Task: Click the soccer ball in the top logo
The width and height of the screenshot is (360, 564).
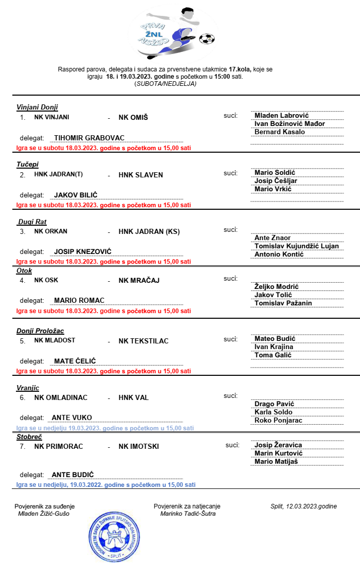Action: pos(207,38)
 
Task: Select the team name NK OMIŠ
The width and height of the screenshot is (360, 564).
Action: pos(133,117)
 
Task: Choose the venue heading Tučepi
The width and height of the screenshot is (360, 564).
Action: pos(27,164)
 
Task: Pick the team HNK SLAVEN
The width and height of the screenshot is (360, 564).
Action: pos(140,175)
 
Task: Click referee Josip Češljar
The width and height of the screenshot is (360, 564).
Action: pos(276,180)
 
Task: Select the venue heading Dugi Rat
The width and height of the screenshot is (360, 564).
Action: pos(32,222)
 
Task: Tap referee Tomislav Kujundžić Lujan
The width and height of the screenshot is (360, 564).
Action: pos(297,246)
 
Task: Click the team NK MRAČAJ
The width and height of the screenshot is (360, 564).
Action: pos(139,280)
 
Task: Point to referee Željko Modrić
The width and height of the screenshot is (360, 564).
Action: pos(277,286)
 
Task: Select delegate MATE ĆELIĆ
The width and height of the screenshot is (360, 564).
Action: pos(75,361)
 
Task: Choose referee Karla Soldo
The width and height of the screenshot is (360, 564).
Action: pos(274,412)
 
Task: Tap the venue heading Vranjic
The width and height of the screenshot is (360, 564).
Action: pos(28,388)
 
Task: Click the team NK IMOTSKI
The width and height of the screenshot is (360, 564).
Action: pos(139,446)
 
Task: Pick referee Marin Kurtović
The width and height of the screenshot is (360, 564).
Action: pos(279,453)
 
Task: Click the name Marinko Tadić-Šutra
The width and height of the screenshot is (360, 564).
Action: pos(188,514)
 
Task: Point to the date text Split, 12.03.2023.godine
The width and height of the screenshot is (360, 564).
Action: pos(303,506)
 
